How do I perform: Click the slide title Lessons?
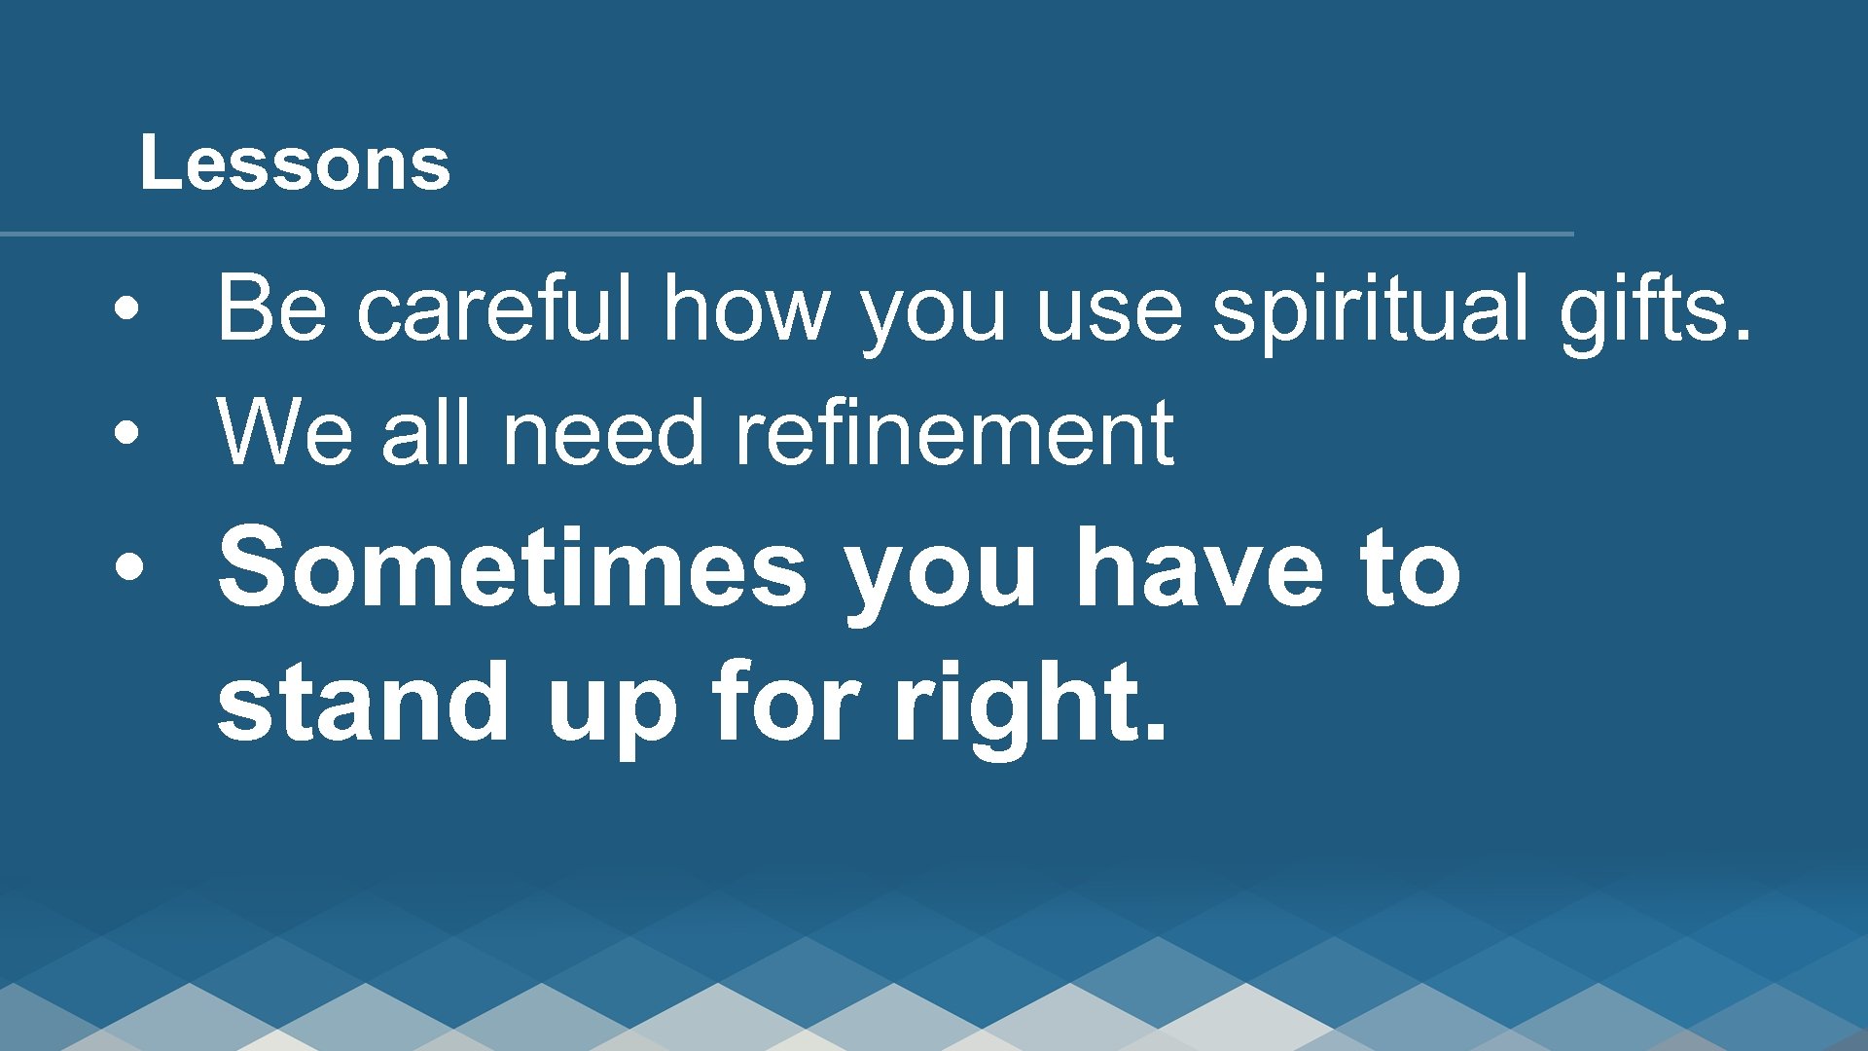[x=295, y=163]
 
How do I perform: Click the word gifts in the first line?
[x=1654, y=309]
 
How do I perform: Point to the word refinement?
[x=953, y=433]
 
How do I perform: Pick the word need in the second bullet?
[x=603, y=433]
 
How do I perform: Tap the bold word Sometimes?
[x=512, y=566]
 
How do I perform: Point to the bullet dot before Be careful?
[x=126, y=309]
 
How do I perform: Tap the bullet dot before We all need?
[x=126, y=434]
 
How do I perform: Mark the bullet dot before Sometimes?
[x=127, y=566]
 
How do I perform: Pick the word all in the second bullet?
[x=427, y=433]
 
